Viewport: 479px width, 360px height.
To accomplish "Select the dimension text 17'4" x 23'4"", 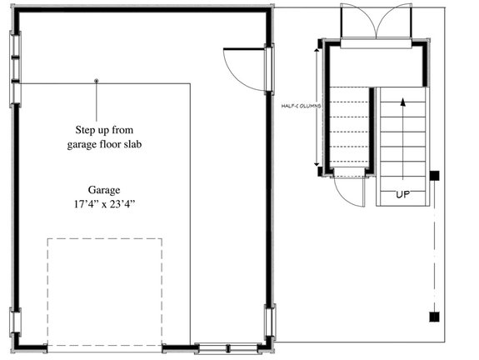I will [104, 202].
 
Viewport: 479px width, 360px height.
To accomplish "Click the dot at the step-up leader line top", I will [97, 81].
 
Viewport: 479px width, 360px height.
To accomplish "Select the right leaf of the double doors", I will [395, 20].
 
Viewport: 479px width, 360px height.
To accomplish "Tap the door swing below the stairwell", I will [350, 192].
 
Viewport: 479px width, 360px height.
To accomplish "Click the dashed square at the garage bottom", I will [104, 292].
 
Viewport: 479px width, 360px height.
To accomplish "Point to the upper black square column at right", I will [434, 176].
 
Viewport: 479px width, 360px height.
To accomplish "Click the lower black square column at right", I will [433, 316].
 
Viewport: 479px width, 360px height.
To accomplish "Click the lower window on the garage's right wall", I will [269, 322].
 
